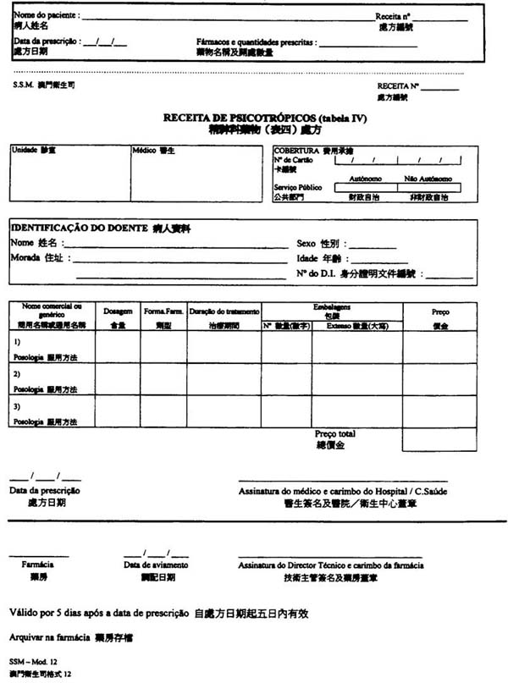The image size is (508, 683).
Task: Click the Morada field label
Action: [x=28, y=258]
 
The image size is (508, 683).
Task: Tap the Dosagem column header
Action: [x=118, y=311]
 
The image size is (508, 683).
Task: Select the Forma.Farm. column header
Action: [x=163, y=311]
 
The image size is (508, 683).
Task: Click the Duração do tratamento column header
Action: [x=224, y=311]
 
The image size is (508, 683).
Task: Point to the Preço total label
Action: [x=335, y=434]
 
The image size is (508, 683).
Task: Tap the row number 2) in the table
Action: [x=18, y=372]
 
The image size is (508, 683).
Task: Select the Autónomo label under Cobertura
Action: [x=365, y=179]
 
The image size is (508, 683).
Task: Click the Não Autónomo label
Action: [x=428, y=179]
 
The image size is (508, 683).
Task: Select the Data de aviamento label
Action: [x=156, y=565]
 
